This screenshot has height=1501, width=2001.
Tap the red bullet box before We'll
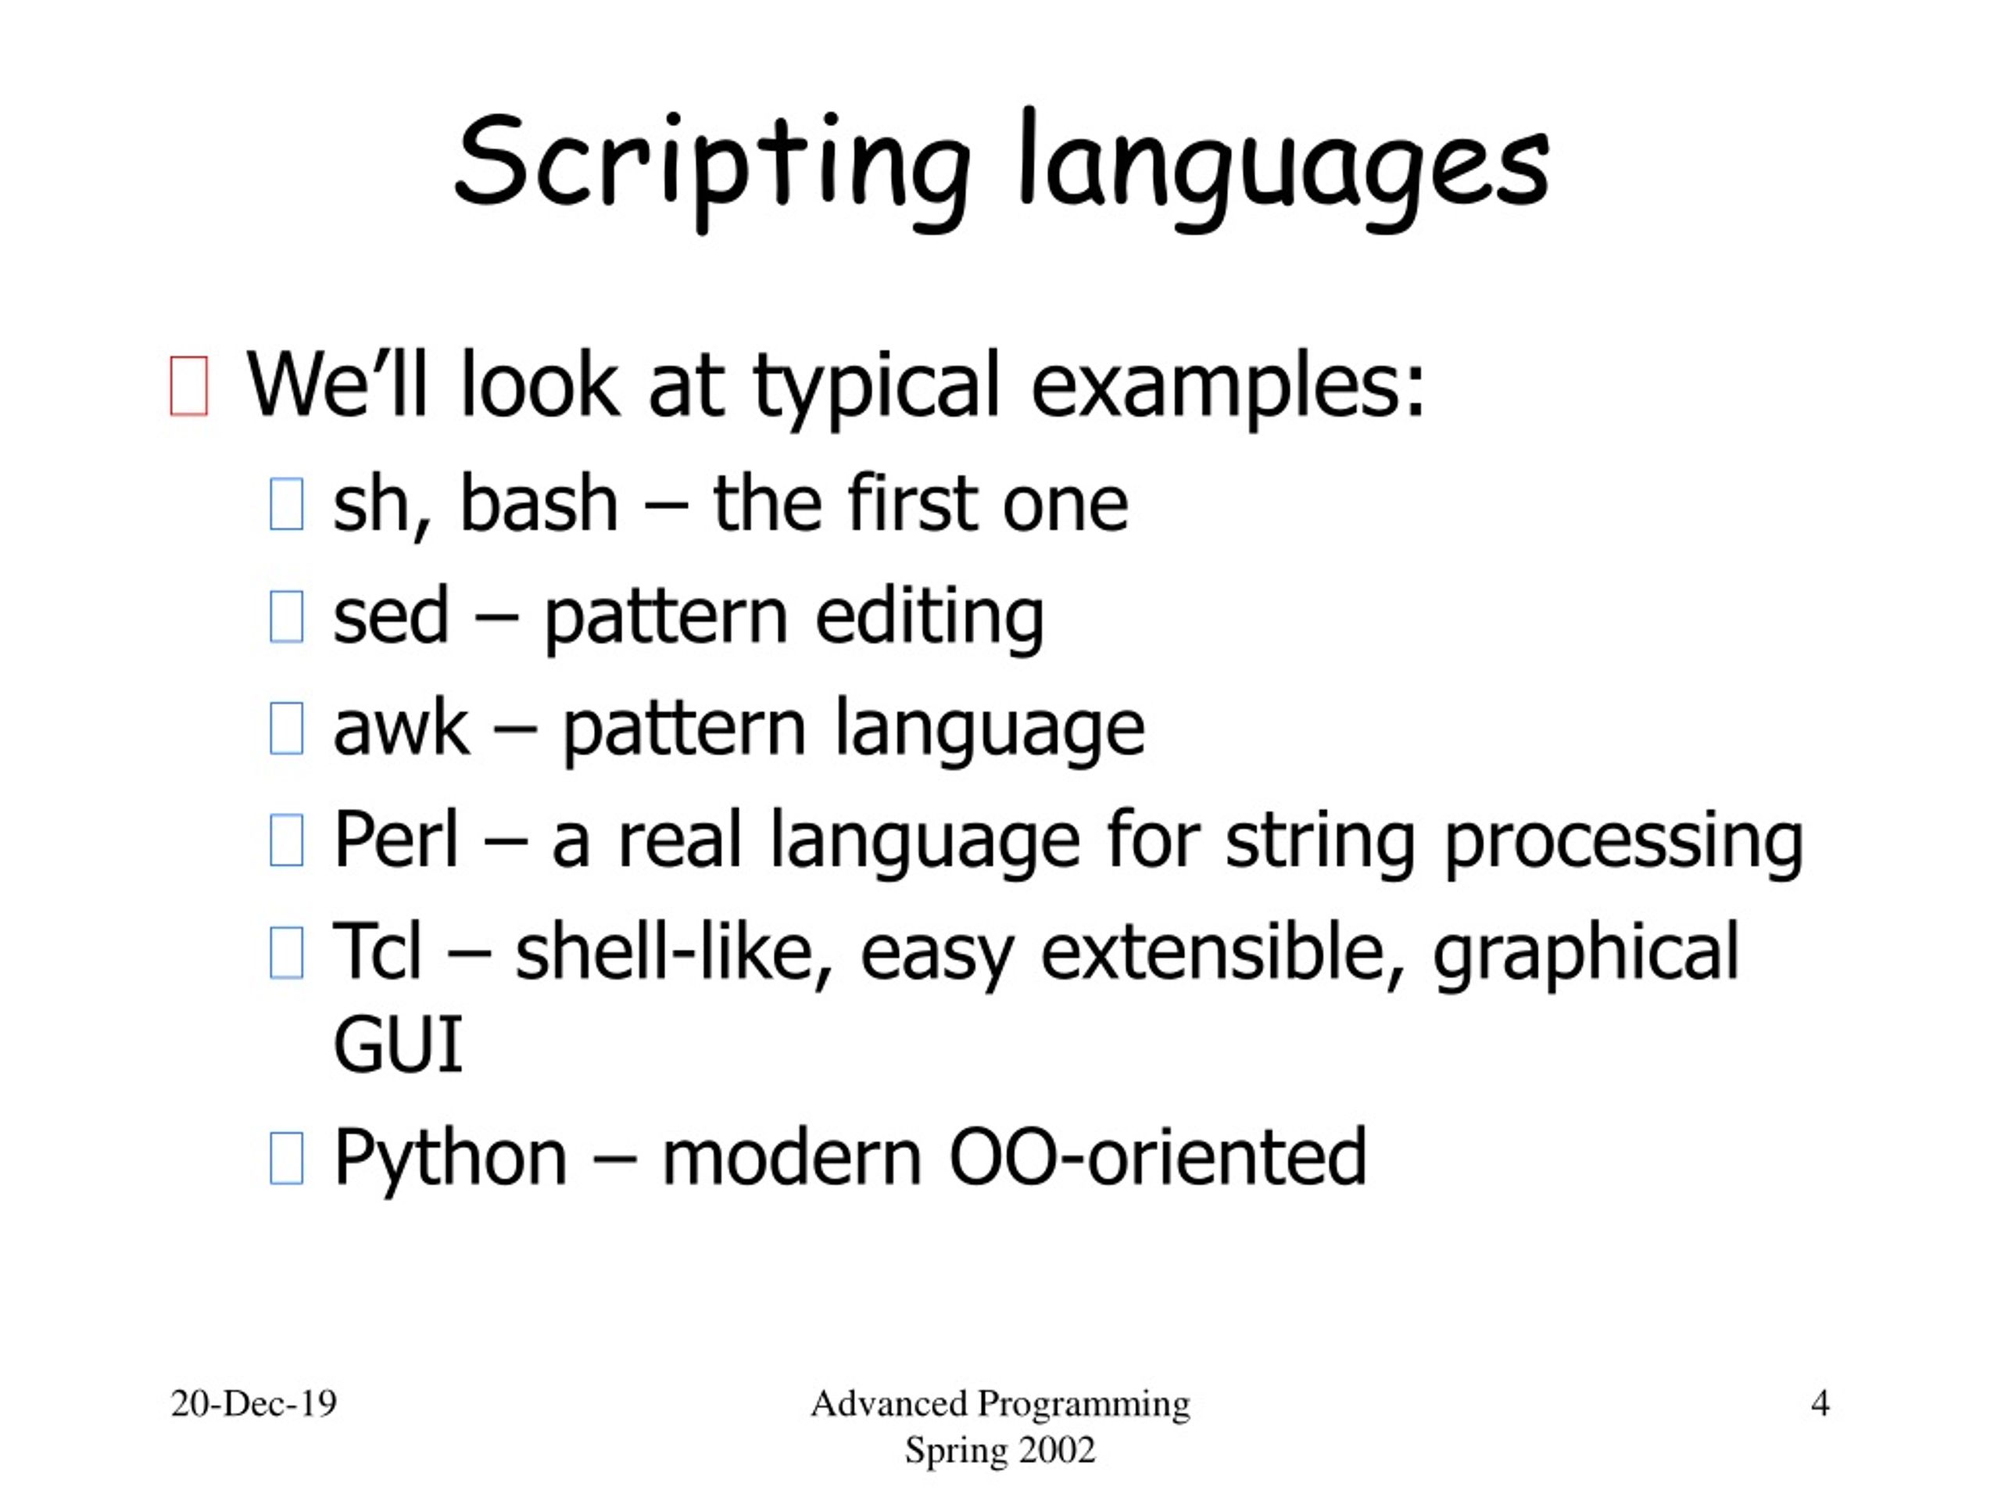(x=189, y=386)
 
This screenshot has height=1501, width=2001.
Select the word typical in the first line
(x=876, y=386)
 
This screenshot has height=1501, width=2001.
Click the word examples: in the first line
(x=1227, y=386)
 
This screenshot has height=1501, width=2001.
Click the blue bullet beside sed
(x=287, y=616)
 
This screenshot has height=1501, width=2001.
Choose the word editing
(x=929, y=616)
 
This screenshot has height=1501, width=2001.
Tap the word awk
(x=401, y=729)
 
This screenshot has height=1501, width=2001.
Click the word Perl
(x=396, y=840)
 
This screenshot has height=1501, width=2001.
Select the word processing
(x=1623, y=840)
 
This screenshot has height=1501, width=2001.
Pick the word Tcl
(x=378, y=952)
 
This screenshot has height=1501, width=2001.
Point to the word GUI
(x=398, y=1045)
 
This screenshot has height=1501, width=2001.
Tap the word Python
(x=449, y=1157)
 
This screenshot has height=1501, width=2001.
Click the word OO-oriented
(x=1157, y=1157)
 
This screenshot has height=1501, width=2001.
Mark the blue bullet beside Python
(x=287, y=1158)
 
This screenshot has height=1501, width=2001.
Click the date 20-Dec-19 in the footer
(x=253, y=1403)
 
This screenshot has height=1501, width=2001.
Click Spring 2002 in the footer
(x=1000, y=1450)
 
